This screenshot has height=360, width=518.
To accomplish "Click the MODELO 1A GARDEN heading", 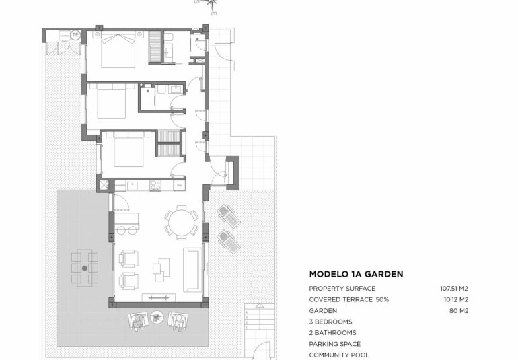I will [356, 274].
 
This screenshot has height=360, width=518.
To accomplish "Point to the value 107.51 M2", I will [454, 288].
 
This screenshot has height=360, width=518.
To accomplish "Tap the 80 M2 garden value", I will [458, 311].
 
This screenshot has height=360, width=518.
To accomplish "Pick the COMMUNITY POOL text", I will [339, 355].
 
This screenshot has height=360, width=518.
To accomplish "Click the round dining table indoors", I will [180, 223].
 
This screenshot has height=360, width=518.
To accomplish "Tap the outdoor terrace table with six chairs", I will [85, 267].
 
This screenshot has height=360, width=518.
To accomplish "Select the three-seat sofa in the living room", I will [192, 268].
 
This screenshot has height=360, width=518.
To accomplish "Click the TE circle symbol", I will [75, 34].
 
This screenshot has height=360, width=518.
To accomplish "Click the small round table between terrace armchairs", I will [157, 316].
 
